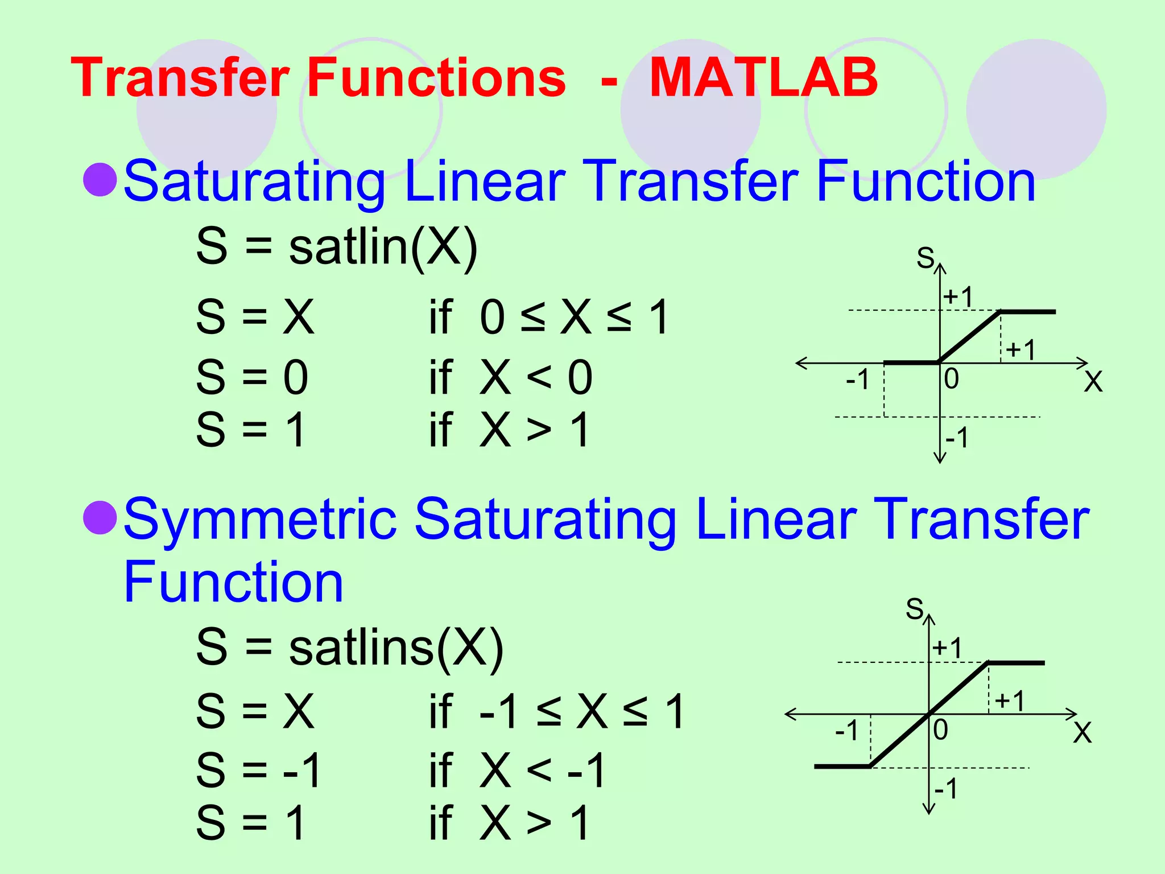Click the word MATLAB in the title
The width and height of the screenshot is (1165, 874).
pos(763,77)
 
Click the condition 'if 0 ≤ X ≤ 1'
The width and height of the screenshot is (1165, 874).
pos(549,317)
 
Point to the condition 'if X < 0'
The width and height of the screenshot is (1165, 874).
pos(510,377)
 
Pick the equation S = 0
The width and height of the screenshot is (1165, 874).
pos(252,377)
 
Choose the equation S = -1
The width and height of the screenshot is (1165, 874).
pos(259,770)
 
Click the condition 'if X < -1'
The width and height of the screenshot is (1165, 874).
pos(517,770)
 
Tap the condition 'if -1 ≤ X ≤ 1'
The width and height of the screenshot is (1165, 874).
pos(557,711)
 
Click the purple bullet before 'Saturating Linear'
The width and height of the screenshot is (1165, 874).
pos(100,179)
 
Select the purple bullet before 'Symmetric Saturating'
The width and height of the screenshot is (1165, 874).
pos(100,518)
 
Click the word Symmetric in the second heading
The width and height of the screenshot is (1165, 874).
pos(260,519)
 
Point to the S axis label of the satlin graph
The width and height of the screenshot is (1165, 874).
pos(925,258)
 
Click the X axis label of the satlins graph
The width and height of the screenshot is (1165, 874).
pos(1083,733)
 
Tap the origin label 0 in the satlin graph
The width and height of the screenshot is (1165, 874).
pos(951,379)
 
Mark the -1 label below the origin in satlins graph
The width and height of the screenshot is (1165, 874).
pos(945,789)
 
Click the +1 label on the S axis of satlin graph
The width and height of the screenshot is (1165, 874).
pos(959,296)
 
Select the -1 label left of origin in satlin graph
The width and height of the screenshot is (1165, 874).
pos(857,379)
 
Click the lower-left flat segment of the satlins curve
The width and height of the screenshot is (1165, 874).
pos(842,766)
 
